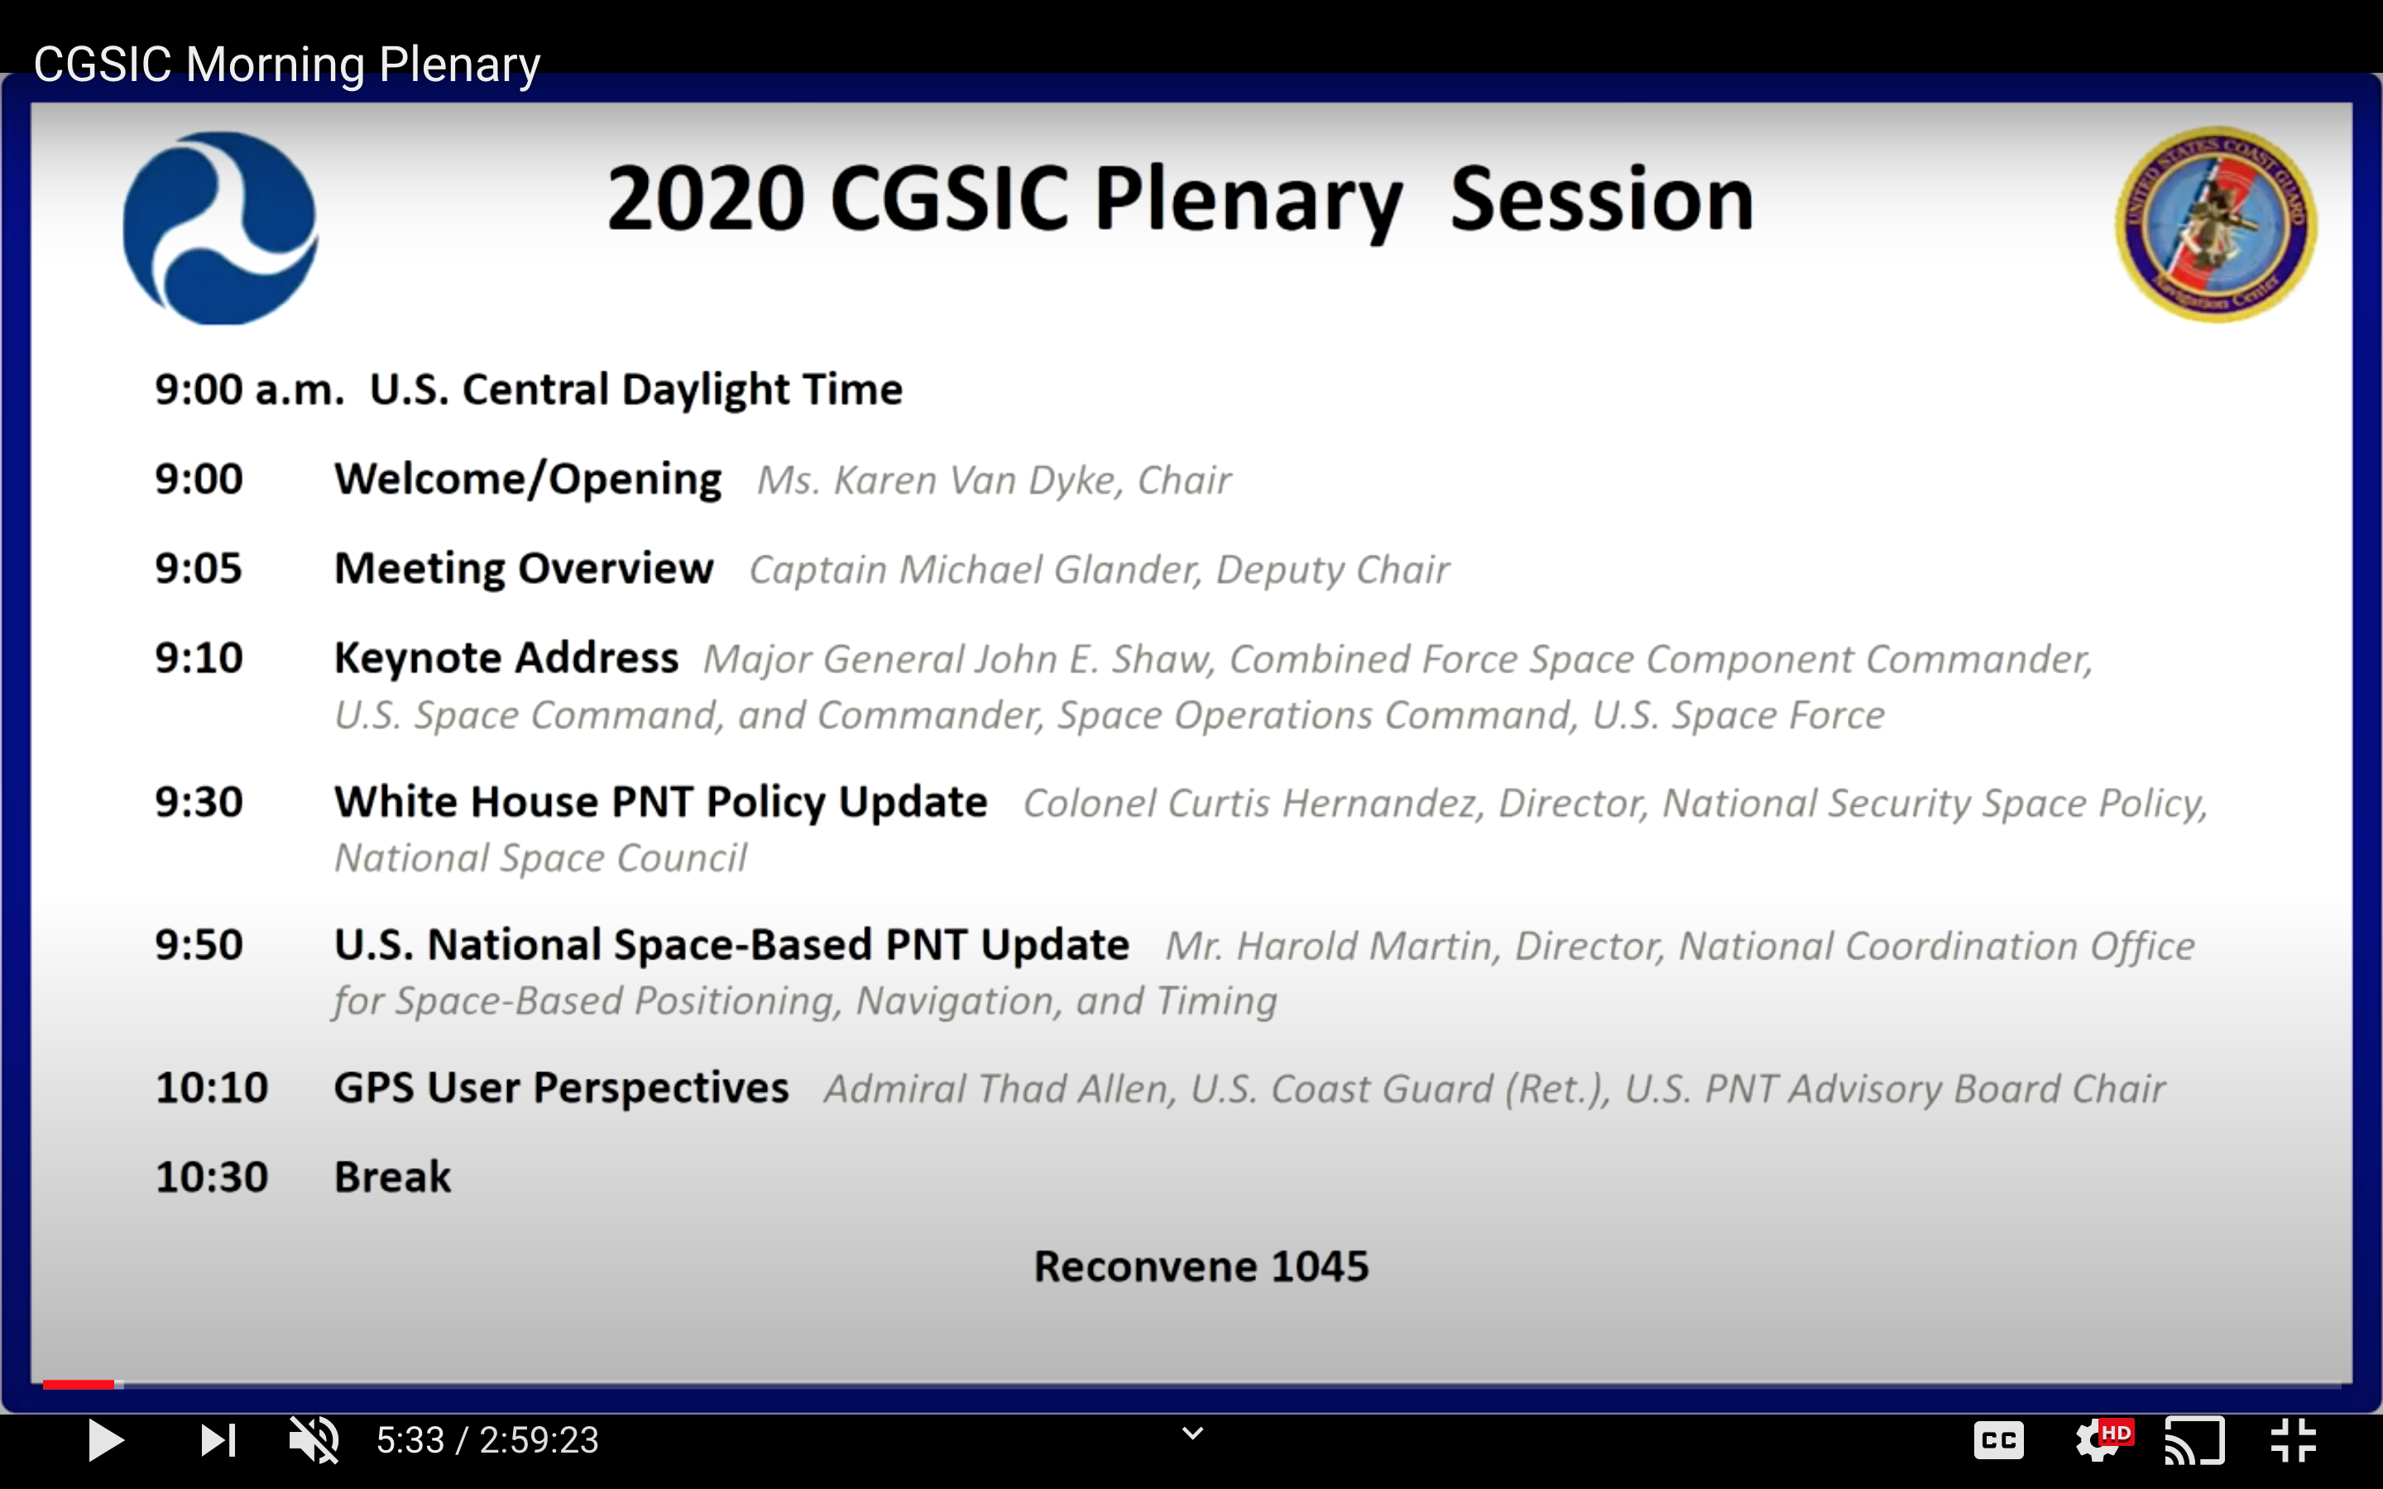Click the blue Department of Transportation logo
click(x=219, y=227)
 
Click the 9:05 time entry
click(x=198, y=568)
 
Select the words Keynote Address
click(x=506, y=658)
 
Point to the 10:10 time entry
click(x=211, y=1088)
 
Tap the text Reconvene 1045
click(x=1201, y=1266)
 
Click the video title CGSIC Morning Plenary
click(x=286, y=65)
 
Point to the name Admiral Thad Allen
click(x=1000, y=1089)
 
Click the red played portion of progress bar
click(x=78, y=1385)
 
